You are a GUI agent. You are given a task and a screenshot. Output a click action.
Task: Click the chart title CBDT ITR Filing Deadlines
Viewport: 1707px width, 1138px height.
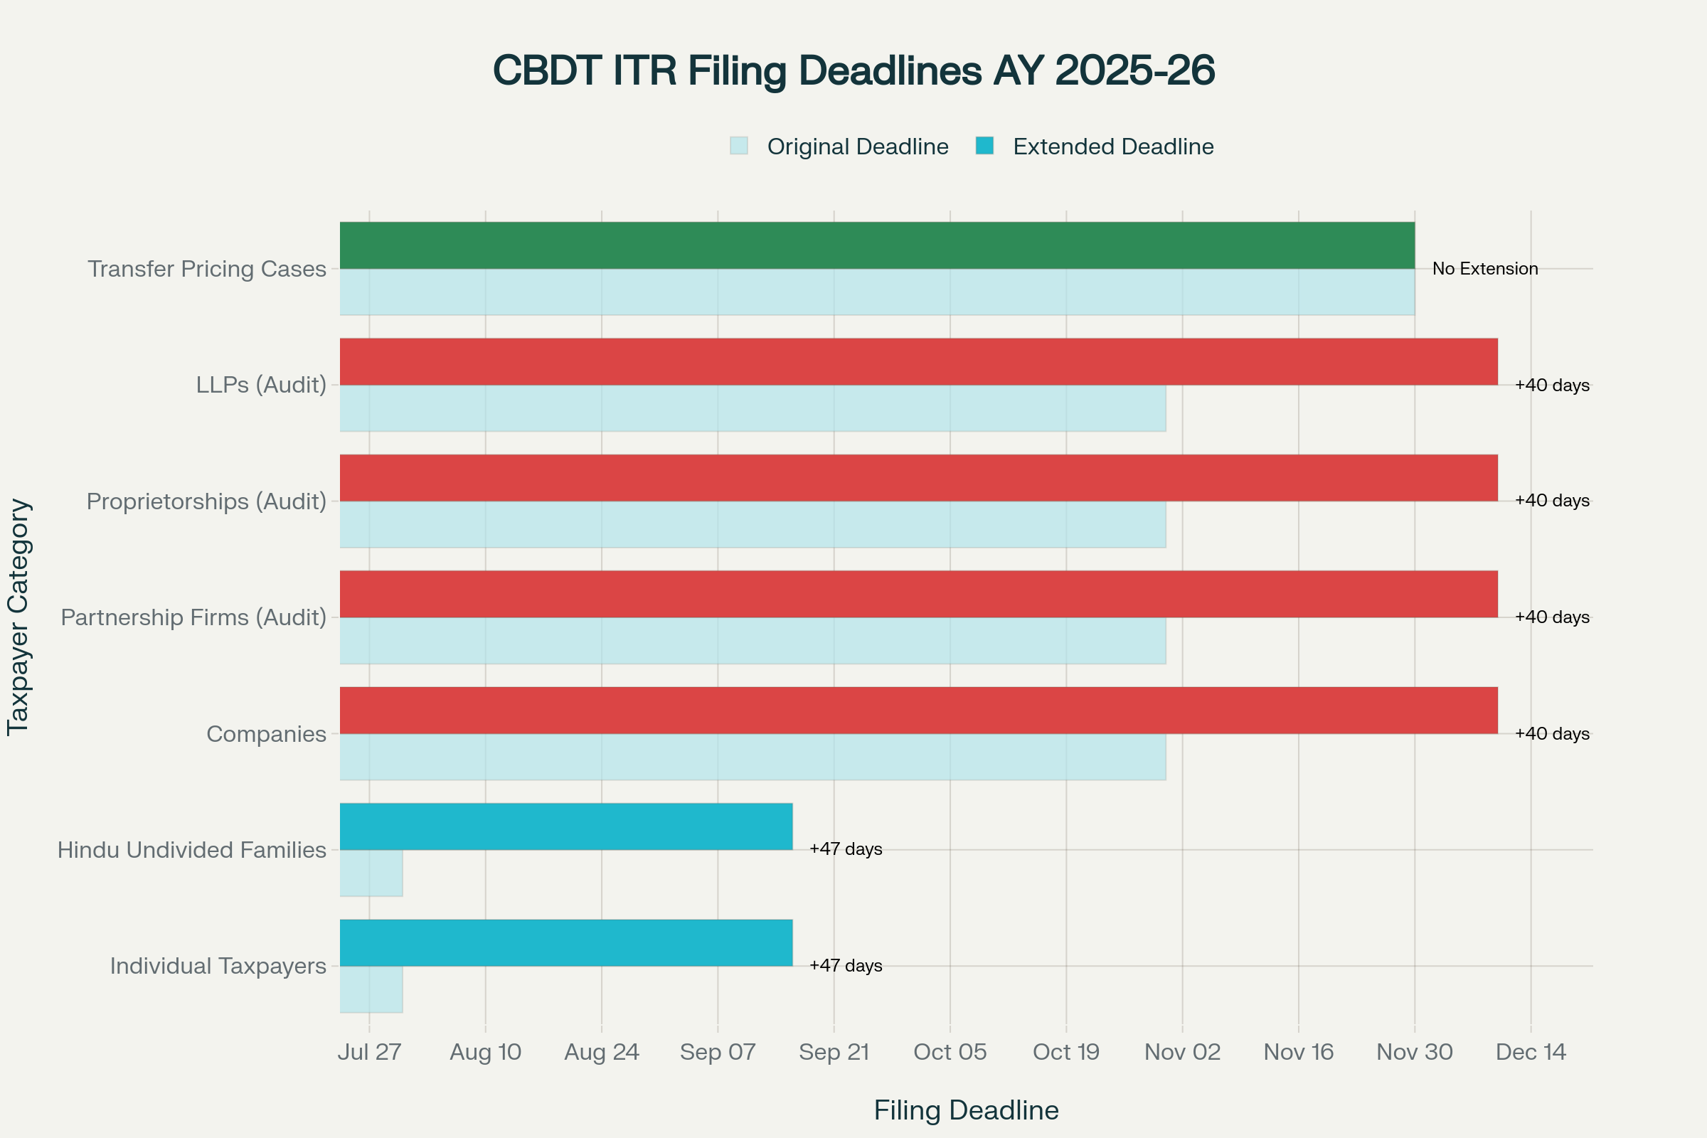(854, 71)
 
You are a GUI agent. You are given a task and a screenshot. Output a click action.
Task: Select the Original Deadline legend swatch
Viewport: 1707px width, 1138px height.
(739, 146)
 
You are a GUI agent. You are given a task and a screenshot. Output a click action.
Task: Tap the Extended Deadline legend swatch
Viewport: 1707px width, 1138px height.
(984, 146)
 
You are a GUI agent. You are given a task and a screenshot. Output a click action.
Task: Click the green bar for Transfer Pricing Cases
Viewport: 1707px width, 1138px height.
(877, 245)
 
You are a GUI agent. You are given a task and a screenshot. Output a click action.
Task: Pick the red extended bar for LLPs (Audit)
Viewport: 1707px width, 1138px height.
(918, 361)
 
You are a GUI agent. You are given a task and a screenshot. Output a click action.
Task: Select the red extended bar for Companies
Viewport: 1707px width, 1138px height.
(918, 710)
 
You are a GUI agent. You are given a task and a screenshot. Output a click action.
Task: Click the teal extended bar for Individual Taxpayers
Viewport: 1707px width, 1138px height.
(566, 942)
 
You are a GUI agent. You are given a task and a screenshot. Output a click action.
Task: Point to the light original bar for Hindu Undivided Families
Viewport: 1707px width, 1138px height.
(371, 873)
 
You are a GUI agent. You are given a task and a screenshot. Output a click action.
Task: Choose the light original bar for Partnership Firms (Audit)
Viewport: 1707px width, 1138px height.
(753, 641)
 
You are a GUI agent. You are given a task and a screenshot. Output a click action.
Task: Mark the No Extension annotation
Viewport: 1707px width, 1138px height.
(1485, 269)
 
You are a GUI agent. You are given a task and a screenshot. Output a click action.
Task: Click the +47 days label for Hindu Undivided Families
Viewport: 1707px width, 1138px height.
(846, 849)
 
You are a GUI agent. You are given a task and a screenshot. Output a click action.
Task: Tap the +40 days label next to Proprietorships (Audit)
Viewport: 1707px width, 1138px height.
(1552, 501)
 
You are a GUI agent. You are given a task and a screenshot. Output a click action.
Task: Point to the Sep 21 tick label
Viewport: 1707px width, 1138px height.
(834, 1052)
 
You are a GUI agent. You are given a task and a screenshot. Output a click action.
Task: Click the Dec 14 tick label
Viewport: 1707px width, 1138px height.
(1531, 1052)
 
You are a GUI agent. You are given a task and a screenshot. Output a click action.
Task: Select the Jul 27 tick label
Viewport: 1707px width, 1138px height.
(369, 1052)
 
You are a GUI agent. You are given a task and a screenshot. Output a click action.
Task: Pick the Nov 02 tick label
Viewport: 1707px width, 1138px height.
(1182, 1052)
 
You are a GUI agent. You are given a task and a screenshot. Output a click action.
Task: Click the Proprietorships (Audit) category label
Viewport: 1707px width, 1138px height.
(206, 501)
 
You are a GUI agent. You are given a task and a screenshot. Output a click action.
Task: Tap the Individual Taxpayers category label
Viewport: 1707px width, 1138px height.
(218, 966)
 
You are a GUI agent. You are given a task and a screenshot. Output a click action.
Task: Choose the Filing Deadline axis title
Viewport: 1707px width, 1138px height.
(966, 1110)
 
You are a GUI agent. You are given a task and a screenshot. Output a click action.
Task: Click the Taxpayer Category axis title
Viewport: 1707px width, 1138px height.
(18, 617)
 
